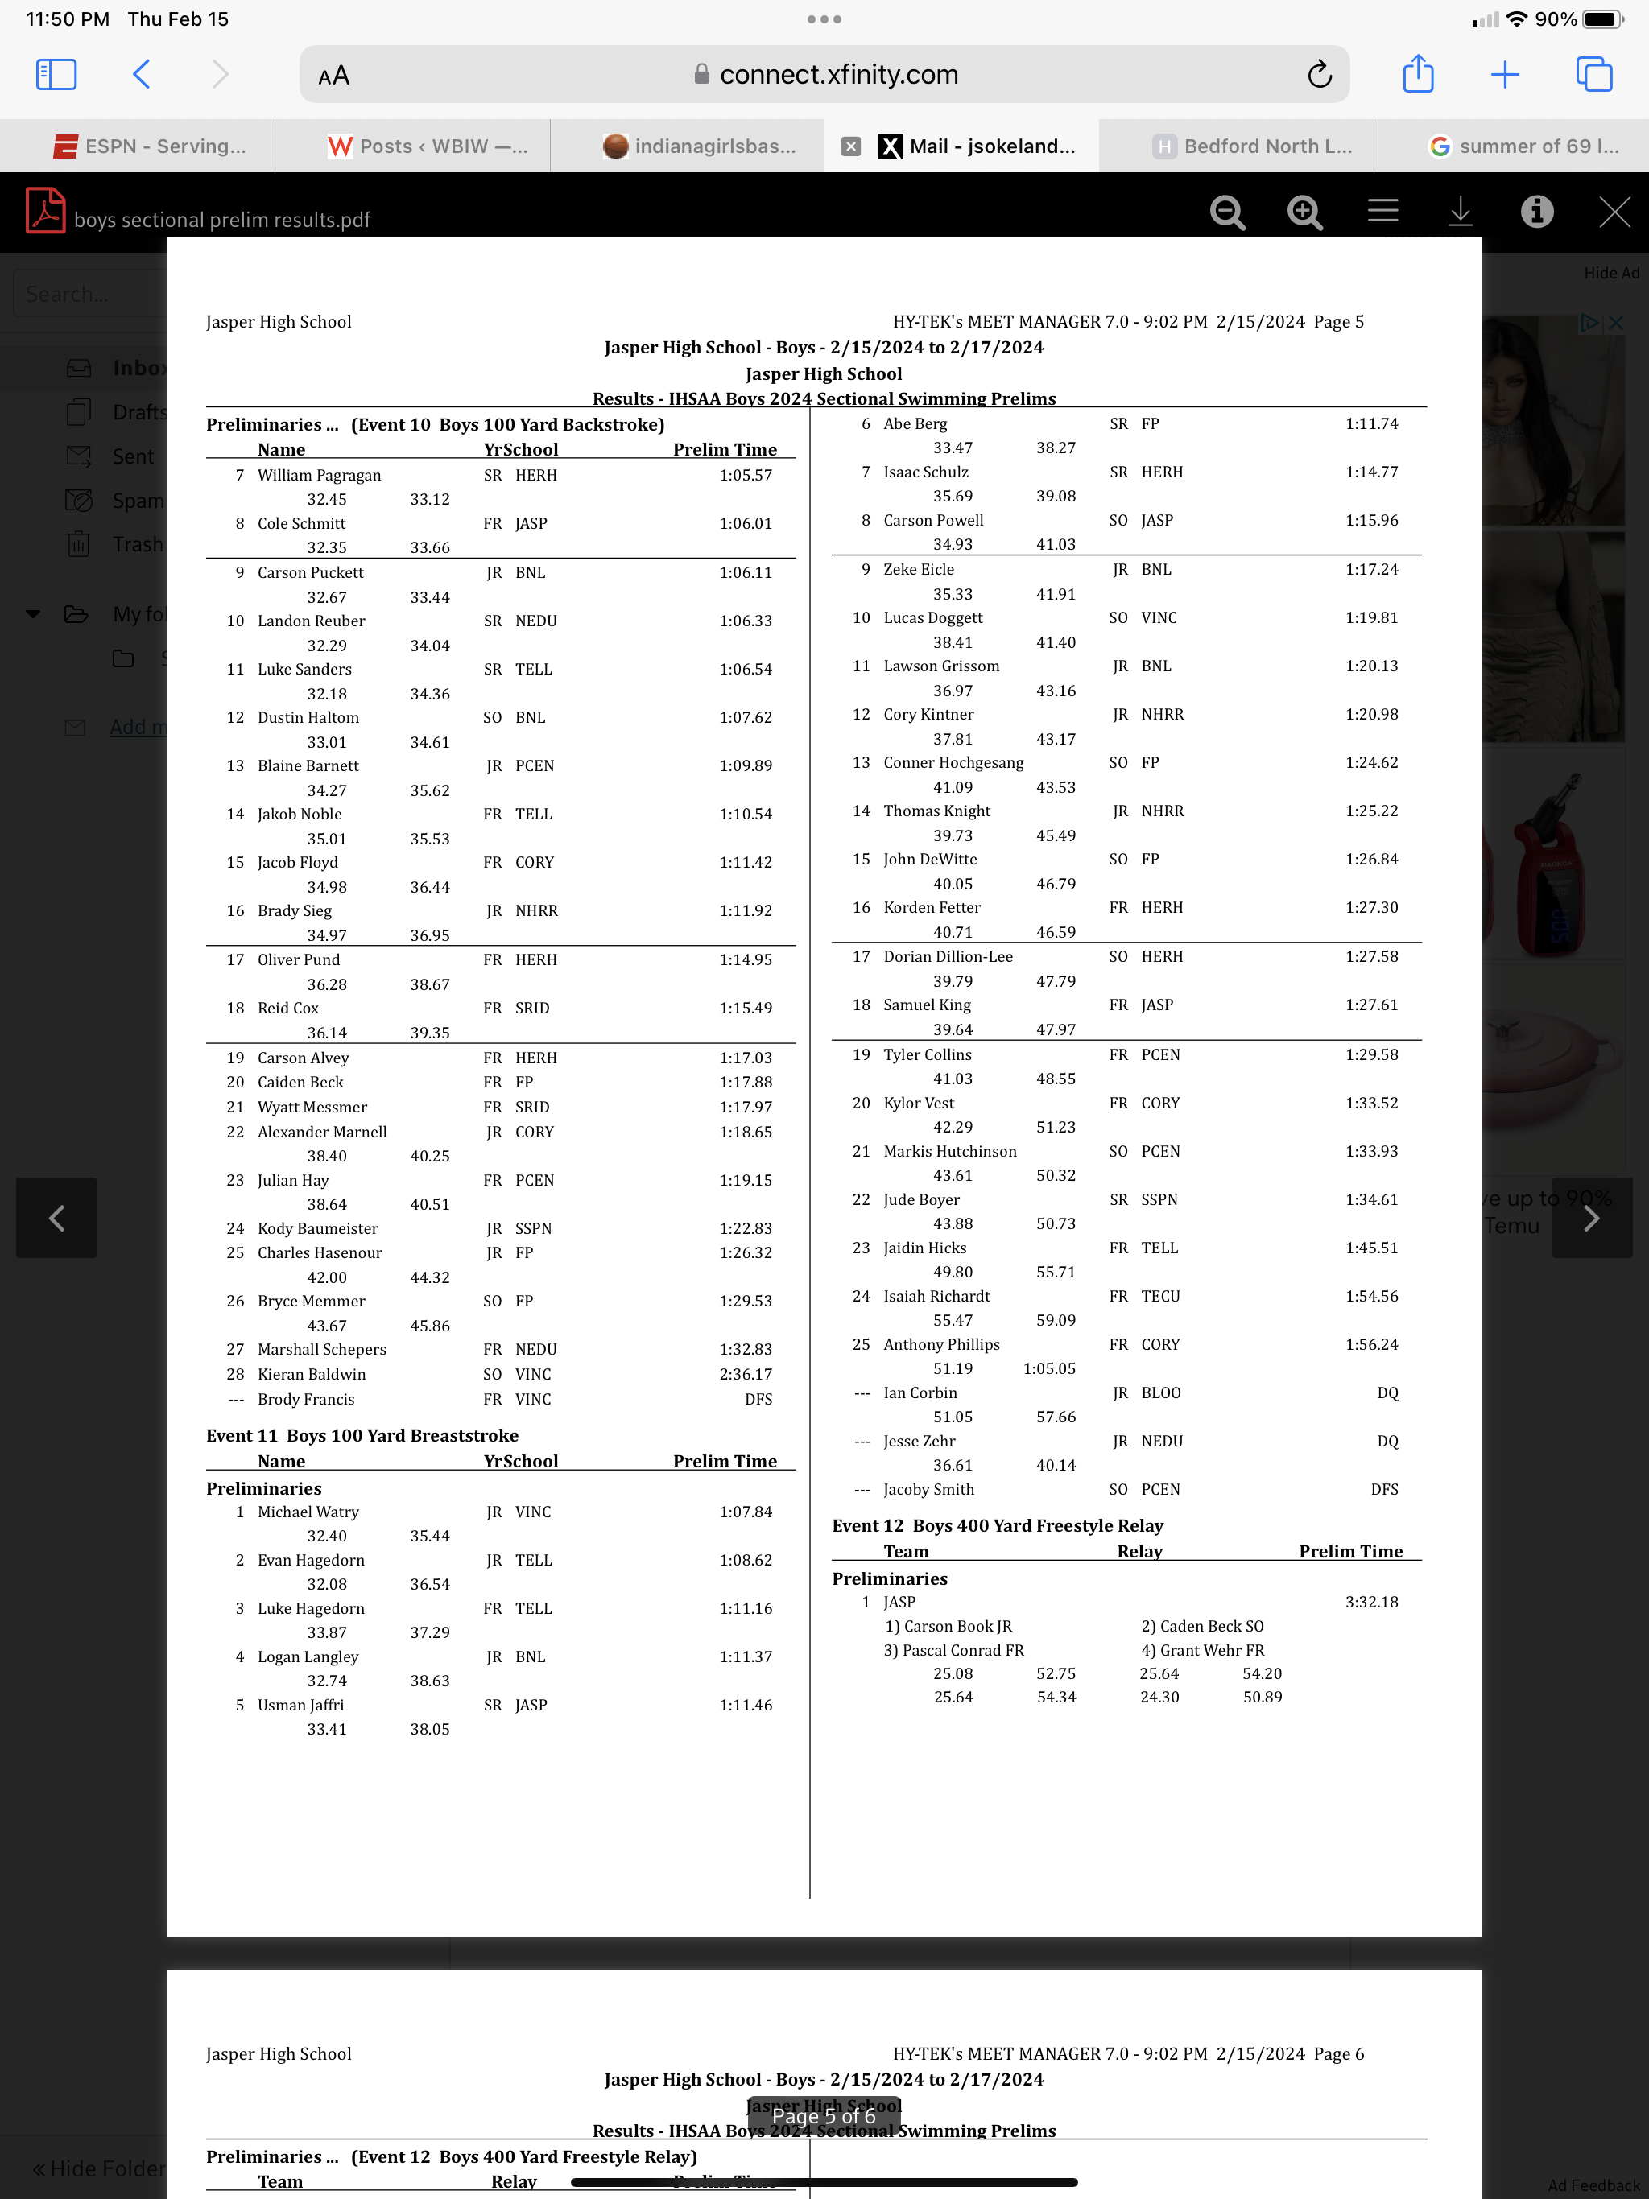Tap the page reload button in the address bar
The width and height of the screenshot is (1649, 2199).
tap(1319, 75)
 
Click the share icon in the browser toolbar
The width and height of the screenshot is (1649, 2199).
tap(1417, 75)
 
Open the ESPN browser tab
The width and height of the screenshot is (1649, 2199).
tap(149, 146)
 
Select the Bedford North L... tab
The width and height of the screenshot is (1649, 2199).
tap(1252, 146)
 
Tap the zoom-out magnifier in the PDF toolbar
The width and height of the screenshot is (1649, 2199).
tap(1227, 212)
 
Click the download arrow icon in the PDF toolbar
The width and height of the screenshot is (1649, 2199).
tap(1459, 212)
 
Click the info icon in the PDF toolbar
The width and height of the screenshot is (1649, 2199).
tap(1536, 212)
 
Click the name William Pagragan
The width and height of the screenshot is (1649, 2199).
tap(320, 475)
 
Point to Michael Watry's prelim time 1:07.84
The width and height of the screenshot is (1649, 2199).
tap(746, 1512)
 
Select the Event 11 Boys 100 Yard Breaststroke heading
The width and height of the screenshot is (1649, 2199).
tap(362, 1435)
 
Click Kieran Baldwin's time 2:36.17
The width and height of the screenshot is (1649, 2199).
tap(746, 1374)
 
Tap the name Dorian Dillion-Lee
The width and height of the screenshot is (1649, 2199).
tap(948, 956)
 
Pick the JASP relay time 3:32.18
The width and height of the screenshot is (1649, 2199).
tap(1371, 1602)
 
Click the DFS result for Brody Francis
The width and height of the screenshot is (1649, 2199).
tap(758, 1399)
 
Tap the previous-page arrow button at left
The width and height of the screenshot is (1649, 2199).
tap(56, 1218)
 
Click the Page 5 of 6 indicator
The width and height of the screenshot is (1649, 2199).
tap(824, 2116)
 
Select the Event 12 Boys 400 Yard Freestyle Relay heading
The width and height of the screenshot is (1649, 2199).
tap(998, 1526)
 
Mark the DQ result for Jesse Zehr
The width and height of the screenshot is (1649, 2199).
tap(1387, 1442)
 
